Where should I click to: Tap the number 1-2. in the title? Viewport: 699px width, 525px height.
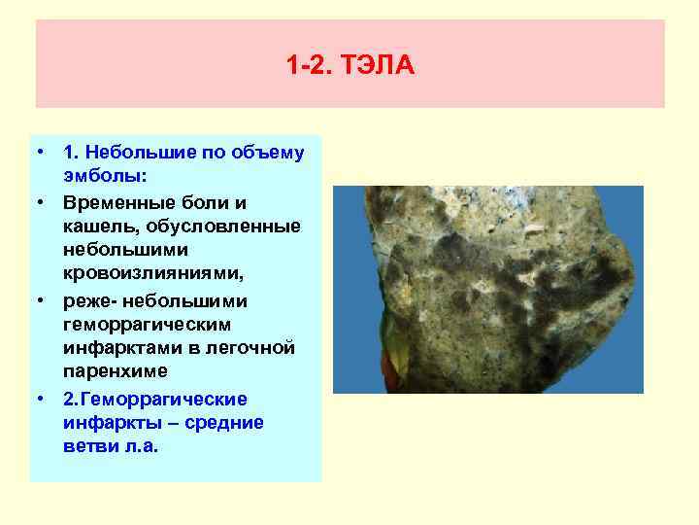pyautogui.click(x=310, y=66)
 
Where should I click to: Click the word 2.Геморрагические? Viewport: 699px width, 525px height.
pyautogui.click(x=155, y=399)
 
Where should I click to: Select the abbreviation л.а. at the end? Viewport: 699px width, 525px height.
pyautogui.click(x=138, y=447)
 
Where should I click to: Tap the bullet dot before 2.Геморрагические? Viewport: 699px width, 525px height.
pyautogui.click(x=44, y=399)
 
